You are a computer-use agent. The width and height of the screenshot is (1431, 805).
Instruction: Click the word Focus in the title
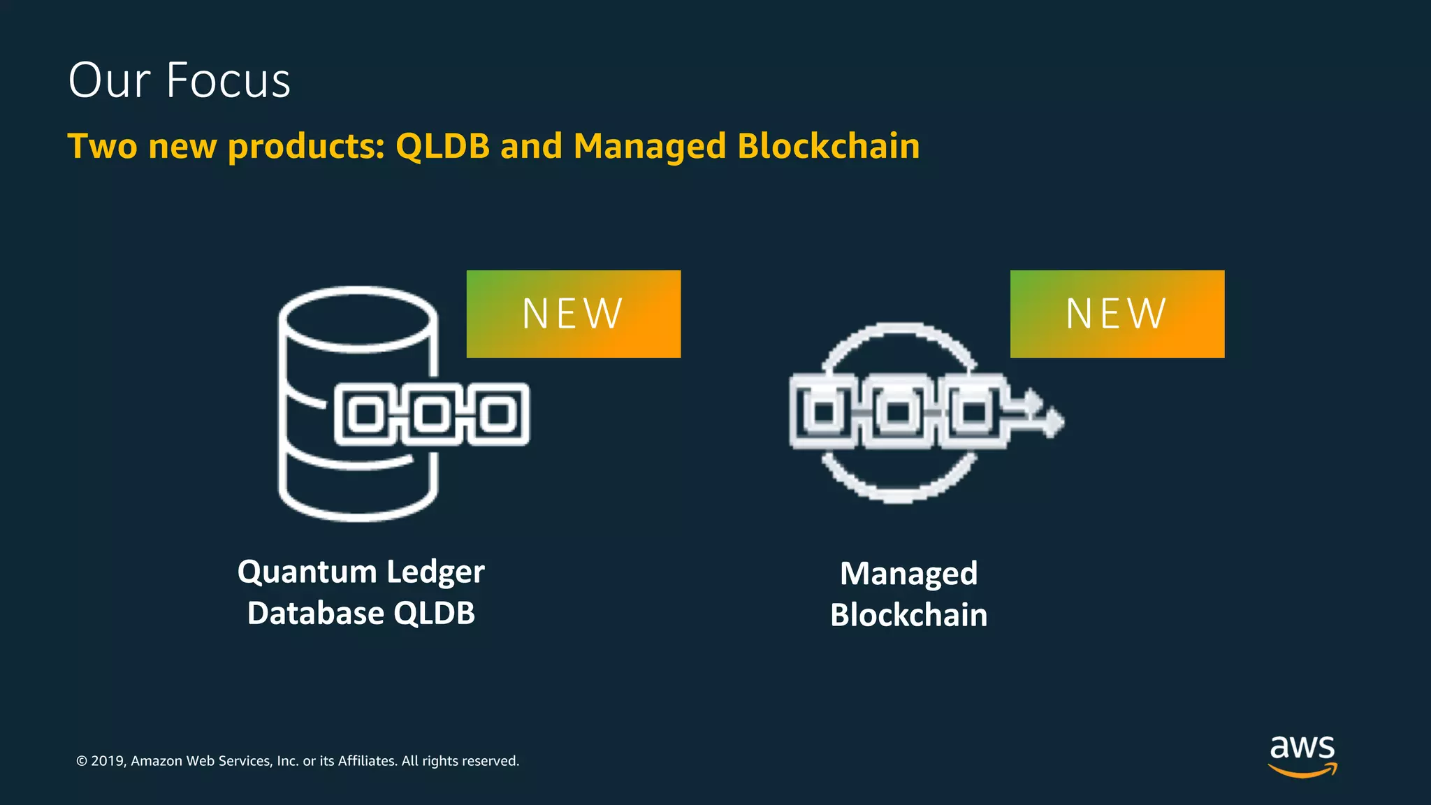pyautogui.click(x=228, y=80)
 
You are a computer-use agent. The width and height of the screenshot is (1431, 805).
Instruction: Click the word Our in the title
pyautogui.click(x=109, y=80)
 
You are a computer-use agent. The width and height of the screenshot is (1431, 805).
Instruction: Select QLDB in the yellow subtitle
pyautogui.click(x=442, y=146)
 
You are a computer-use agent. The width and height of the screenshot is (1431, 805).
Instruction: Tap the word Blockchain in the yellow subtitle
pyautogui.click(x=828, y=146)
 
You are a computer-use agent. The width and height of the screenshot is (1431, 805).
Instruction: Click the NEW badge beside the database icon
pyautogui.click(x=573, y=314)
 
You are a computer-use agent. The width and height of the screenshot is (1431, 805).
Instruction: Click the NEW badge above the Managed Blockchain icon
pyautogui.click(x=1117, y=314)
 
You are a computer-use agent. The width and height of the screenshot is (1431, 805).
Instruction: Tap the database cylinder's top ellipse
pyautogui.click(x=358, y=319)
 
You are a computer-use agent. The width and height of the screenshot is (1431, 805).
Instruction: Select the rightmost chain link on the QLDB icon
pyautogui.click(x=498, y=414)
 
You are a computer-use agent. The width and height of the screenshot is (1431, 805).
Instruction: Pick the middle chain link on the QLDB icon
pyautogui.click(x=432, y=414)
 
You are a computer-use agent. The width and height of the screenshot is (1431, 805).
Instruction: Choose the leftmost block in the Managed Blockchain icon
pyautogui.click(x=823, y=412)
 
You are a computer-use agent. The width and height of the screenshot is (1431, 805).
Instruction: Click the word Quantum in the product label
pyautogui.click(x=307, y=572)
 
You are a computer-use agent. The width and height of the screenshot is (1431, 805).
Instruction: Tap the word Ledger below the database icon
pyautogui.click(x=435, y=572)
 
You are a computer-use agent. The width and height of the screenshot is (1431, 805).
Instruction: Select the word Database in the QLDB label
pyautogui.click(x=315, y=614)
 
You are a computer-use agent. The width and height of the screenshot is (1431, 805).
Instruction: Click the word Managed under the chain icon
pyautogui.click(x=908, y=574)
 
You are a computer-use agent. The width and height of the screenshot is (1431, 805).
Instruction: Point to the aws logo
pyautogui.click(x=1302, y=748)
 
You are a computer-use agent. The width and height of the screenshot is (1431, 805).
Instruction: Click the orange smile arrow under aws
pyautogui.click(x=1302, y=771)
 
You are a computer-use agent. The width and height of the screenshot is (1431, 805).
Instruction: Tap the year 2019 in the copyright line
pyautogui.click(x=107, y=761)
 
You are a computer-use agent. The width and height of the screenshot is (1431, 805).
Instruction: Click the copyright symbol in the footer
pyautogui.click(x=82, y=761)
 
